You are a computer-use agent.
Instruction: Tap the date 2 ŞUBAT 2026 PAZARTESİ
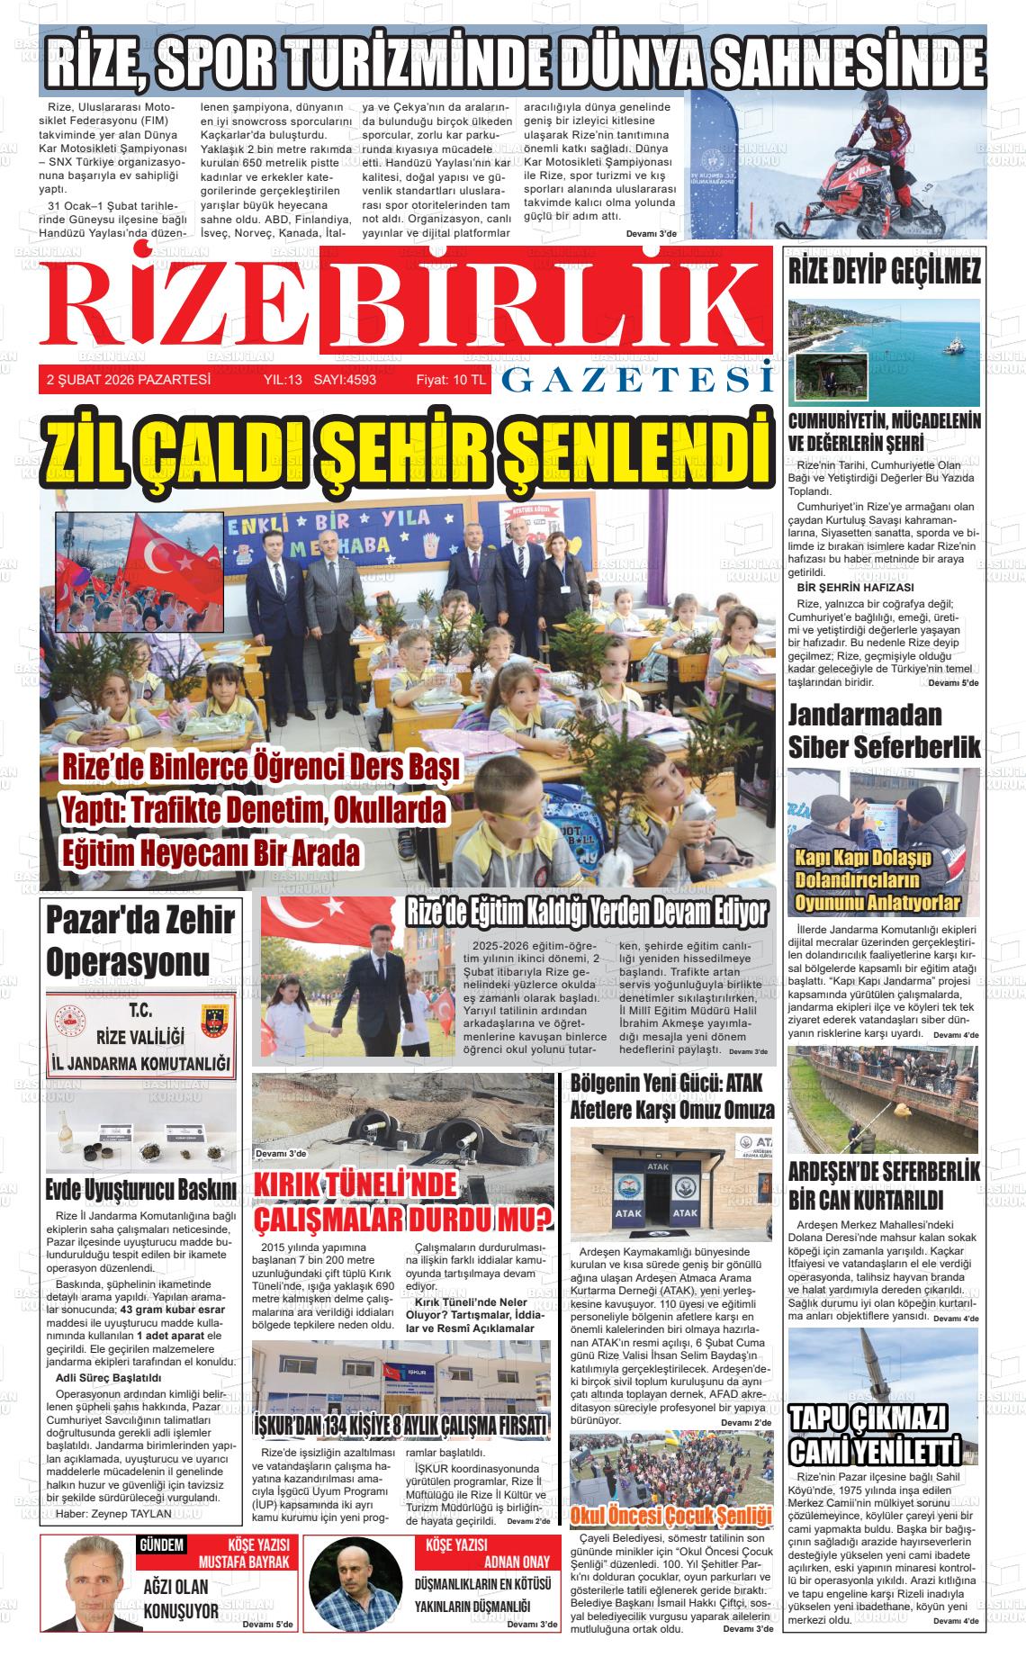click(129, 380)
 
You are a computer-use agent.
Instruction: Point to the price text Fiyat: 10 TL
click(450, 380)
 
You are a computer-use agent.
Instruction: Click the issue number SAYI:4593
click(345, 380)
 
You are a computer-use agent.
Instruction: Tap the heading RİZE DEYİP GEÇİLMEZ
click(884, 272)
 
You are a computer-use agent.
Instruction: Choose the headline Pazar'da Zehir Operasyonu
click(140, 941)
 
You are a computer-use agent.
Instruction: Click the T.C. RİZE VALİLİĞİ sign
click(140, 1037)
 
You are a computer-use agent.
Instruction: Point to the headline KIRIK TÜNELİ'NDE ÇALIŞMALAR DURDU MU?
click(403, 1203)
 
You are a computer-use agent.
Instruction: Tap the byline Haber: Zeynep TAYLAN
click(113, 1514)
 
